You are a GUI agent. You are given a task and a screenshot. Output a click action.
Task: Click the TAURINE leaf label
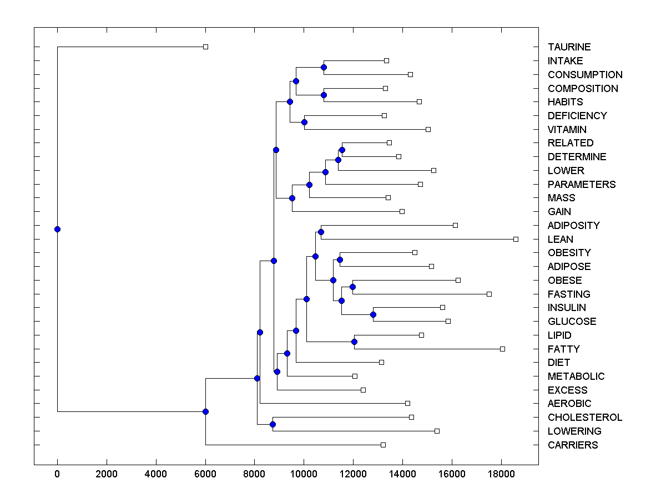(569, 47)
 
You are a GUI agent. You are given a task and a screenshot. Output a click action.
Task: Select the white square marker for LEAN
(516, 239)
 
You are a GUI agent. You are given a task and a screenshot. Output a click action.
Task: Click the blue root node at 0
(57, 229)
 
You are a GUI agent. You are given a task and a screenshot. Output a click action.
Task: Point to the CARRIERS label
(573, 445)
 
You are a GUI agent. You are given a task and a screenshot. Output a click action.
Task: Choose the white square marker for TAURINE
(205, 47)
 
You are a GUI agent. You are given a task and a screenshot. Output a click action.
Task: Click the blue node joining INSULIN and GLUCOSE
(373, 314)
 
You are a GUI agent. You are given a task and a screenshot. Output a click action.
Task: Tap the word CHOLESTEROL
(584, 417)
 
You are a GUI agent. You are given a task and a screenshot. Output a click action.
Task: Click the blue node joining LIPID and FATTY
(354, 342)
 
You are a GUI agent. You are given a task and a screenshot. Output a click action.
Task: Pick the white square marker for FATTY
(502, 349)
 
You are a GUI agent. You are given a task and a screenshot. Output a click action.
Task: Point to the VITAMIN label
(567, 130)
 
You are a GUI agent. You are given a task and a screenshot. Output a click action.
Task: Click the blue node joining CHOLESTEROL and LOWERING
(273, 424)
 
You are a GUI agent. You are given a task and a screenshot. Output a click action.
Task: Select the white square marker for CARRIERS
(383, 445)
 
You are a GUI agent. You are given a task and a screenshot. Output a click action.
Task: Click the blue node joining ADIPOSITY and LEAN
(321, 232)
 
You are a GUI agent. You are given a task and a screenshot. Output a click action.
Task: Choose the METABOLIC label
(576, 376)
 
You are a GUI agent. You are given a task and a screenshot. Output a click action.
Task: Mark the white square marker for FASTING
(489, 294)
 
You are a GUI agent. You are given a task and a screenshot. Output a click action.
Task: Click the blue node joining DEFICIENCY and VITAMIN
(304, 122)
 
